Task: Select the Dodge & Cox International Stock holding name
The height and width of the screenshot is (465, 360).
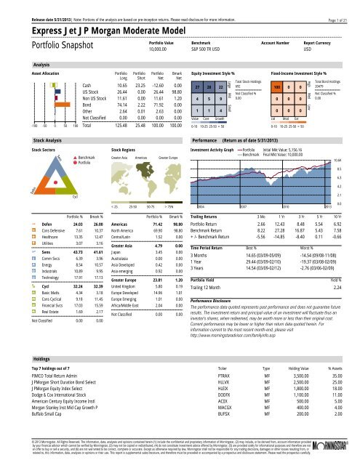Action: coord(50,400)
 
